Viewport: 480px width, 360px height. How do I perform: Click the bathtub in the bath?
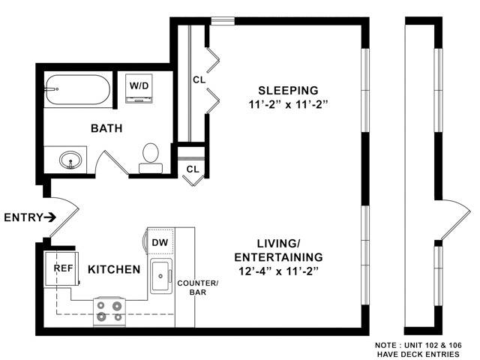[76, 90]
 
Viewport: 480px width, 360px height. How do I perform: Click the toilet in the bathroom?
[151, 155]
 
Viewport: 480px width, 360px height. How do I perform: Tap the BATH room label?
[106, 128]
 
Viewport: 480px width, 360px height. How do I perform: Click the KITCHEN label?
[114, 269]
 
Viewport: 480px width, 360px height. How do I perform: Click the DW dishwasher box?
[159, 242]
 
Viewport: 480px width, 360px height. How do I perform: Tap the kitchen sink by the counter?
[161, 277]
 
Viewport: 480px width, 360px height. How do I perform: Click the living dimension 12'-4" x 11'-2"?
[278, 270]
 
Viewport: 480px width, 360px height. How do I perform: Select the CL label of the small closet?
[193, 169]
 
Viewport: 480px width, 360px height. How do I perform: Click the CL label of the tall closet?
[199, 79]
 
